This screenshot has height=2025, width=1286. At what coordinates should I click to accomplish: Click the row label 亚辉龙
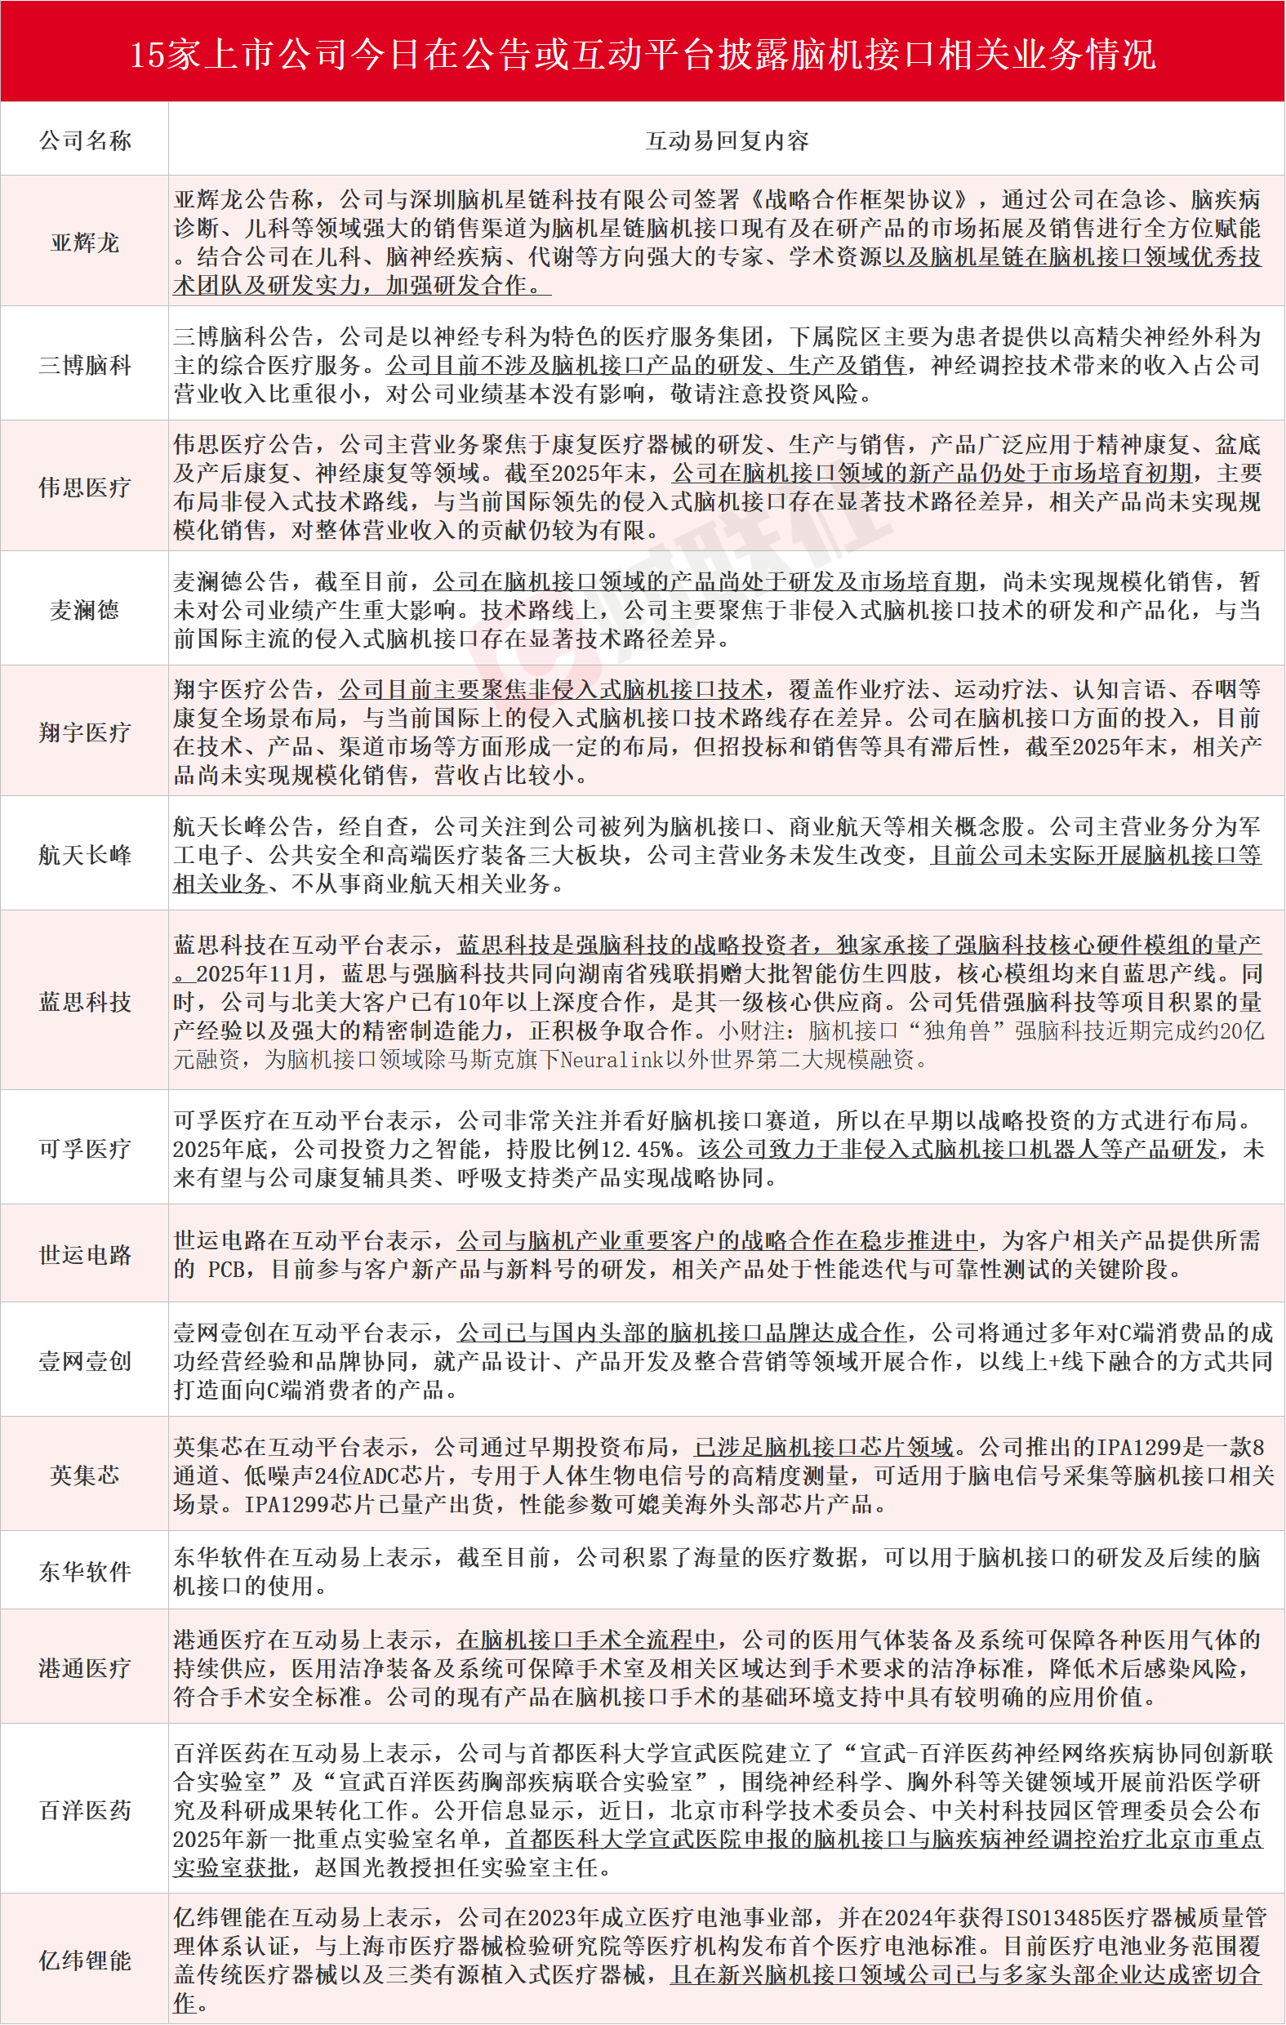pyautogui.click(x=85, y=243)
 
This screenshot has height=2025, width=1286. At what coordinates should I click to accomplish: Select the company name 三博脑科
pyautogui.click(x=85, y=365)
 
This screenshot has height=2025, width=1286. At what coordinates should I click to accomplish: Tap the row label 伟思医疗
pyautogui.click(x=85, y=487)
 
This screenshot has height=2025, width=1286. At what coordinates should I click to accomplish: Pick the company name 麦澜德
pyautogui.click(x=85, y=610)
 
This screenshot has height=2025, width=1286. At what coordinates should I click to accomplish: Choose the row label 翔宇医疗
pyautogui.click(x=85, y=732)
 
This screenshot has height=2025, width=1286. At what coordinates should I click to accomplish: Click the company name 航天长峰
pyautogui.click(x=85, y=855)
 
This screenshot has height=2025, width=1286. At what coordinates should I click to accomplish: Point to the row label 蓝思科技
pyautogui.click(x=85, y=1003)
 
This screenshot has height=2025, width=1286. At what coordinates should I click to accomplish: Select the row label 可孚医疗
pyautogui.click(x=85, y=1149)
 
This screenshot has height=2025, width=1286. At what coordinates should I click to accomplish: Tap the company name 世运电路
pyautogui.click(x=85, y=1255)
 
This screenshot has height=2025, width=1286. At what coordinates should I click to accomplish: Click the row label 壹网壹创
pyautogui.click(x=85, y=1361)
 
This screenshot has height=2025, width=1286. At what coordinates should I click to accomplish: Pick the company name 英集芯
pyautogui.click(x=85, y=1475)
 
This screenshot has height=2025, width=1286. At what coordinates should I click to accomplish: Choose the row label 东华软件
pyautogui.click(x=85, y=1572)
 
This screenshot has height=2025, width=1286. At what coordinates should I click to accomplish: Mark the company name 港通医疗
pyautogui.click(x=85, y=1668)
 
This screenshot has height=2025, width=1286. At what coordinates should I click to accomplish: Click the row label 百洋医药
pyautogui.click(x=85, y=1810)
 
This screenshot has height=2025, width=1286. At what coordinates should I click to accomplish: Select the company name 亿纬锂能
pyautogui.click(x=85, y=1961)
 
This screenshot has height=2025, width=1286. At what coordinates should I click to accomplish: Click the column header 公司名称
pyautogui.click(x=85, y=140)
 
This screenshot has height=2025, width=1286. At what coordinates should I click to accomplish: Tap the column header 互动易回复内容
pyautogui.click(x=727, y=140)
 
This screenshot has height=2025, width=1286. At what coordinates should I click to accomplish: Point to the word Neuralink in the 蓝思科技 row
pyautogui.click(x=611, y=1060)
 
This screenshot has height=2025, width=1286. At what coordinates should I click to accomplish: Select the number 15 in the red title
pyautogui.click(x=146, y=56)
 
